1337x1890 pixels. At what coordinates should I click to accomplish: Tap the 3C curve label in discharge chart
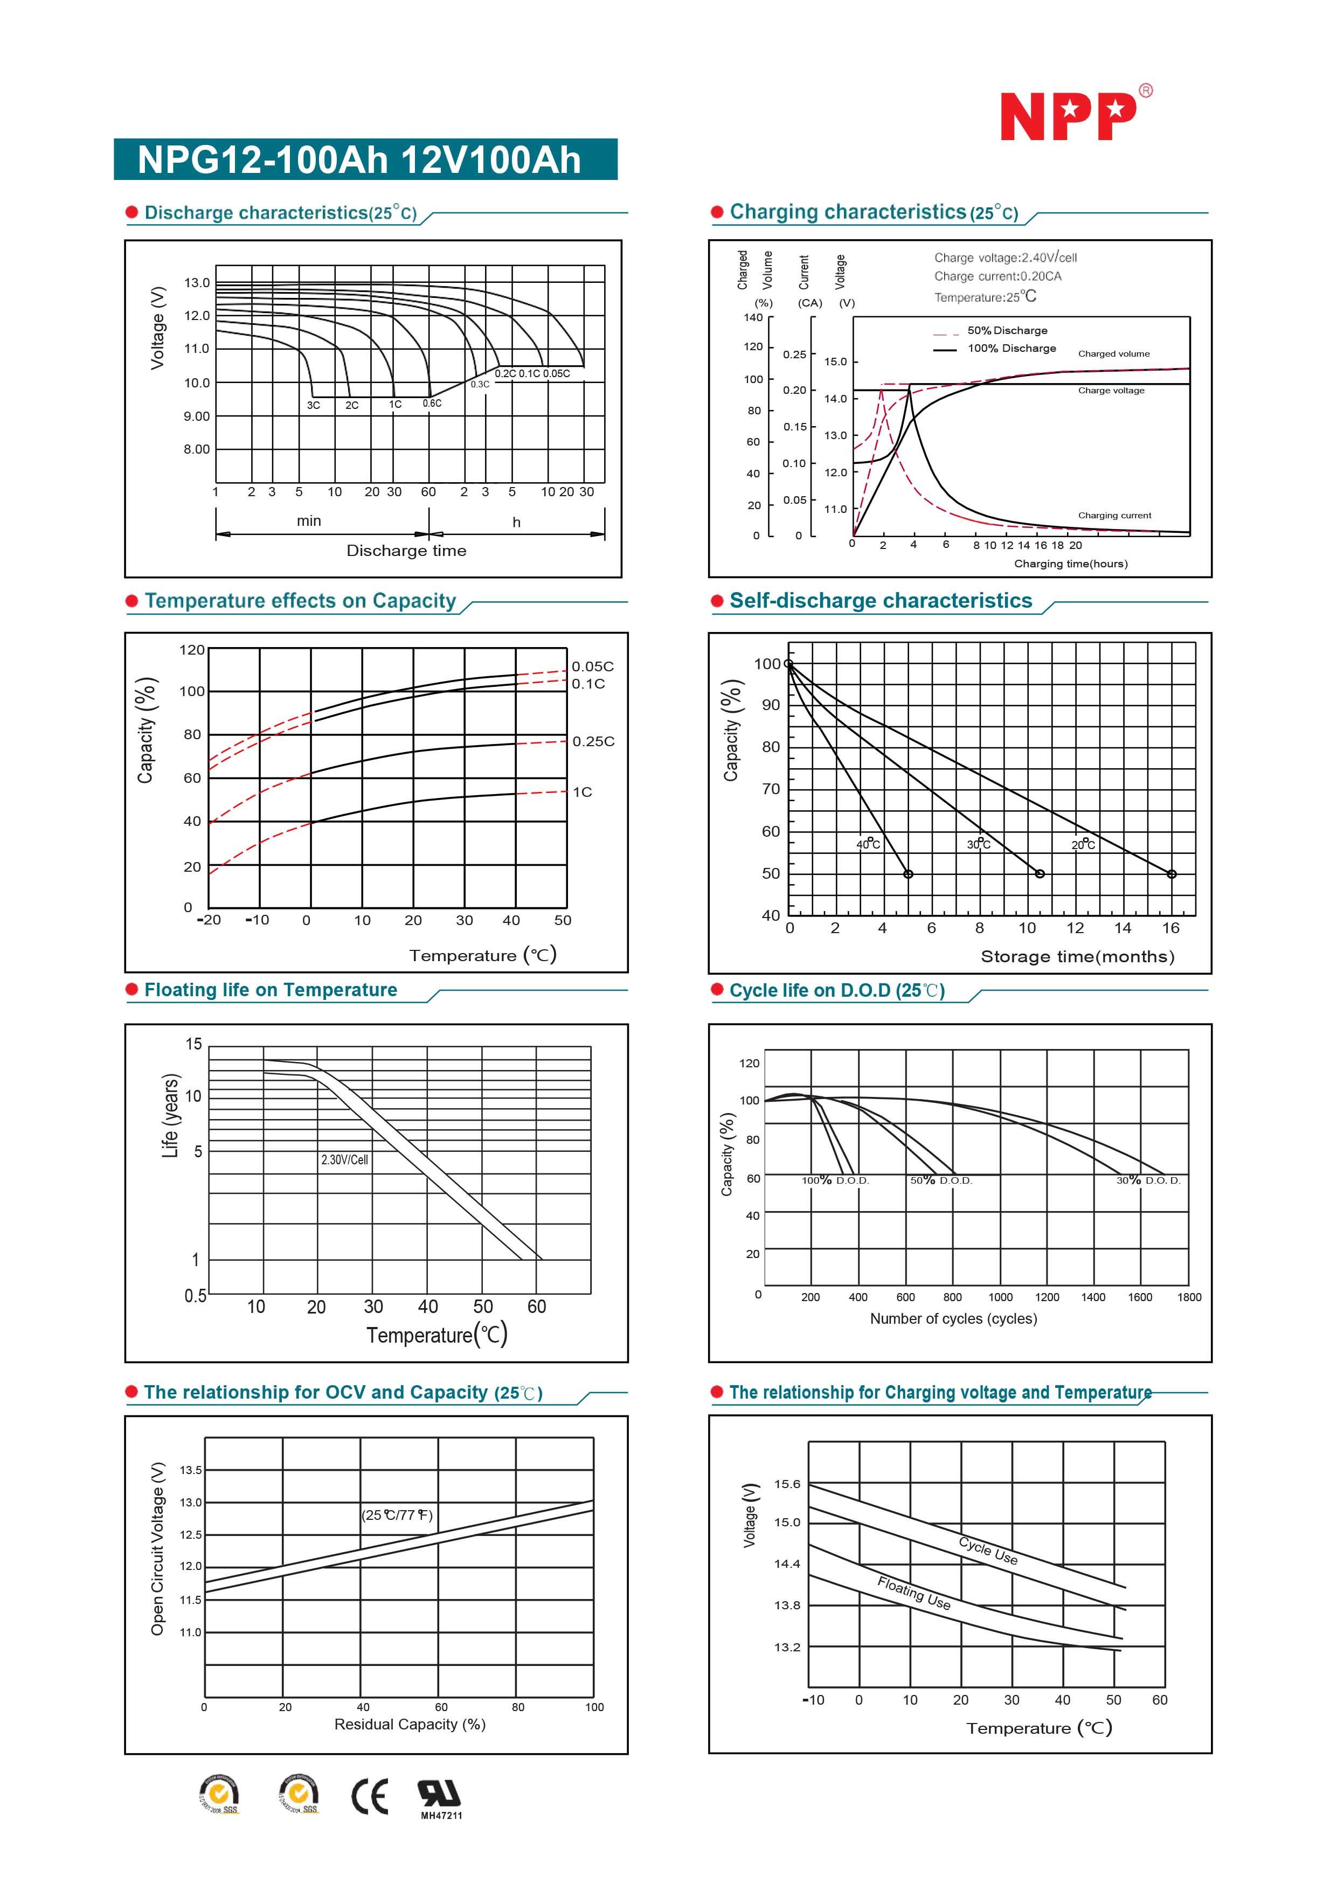(314, 405)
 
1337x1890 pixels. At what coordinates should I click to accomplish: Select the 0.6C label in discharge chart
(432, 404)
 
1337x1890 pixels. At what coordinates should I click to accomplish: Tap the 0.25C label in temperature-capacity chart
(593, 742)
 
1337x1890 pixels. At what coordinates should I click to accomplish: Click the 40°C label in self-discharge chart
(868, 844)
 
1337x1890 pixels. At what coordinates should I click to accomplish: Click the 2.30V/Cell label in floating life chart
(344, 1160)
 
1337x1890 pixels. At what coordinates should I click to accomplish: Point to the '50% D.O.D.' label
(940, 1180)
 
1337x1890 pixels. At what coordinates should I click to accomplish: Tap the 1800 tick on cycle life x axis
(1189, 1297)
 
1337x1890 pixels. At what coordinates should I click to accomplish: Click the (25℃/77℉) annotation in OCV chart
(397, 1516)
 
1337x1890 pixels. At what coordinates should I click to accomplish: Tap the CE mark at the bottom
(370, 1797)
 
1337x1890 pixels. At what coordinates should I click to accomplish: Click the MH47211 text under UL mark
(441, 1816)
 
